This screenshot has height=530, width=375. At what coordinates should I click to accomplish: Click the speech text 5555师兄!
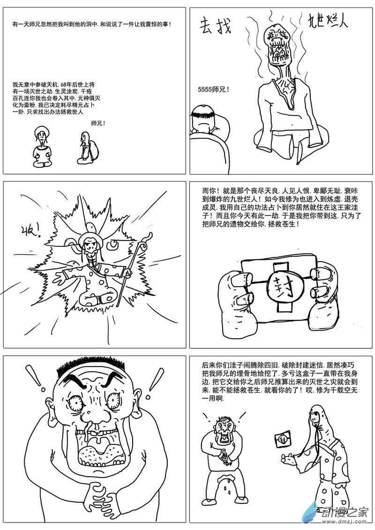pos(213,89)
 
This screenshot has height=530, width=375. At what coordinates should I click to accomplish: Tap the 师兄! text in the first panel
pos(98,124)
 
